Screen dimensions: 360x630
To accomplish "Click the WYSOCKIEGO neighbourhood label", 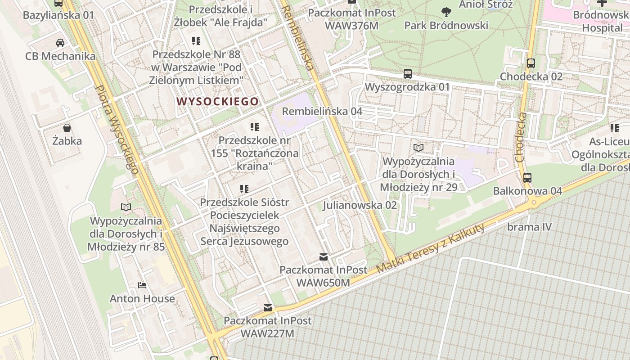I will tap(218, 101).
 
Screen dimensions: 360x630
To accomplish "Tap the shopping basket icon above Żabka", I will tap(67, 128).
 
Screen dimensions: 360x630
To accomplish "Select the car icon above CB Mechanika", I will tap(60, 43).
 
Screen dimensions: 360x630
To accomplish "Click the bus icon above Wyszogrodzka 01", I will tap(408, 73).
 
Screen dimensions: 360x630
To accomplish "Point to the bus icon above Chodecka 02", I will tap(531, 63).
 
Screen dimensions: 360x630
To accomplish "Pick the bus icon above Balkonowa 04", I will tap(527, 177).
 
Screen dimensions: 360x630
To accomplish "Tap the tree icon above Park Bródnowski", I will tap(446, 12).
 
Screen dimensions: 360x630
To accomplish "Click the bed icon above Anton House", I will tap(142, 285).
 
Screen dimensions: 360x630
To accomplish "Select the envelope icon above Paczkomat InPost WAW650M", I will tap(323, 257).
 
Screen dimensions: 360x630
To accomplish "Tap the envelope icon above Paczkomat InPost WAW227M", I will tap(268, 308).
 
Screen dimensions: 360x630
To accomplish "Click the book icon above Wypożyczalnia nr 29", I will tap(418, 148).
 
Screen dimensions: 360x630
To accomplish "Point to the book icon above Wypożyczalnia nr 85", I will tap(126, 207).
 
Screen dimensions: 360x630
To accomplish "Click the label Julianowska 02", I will tap(360, 205).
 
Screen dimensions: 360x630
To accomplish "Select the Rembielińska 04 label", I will tap(322, 111).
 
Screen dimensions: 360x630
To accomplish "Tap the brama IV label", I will tap(529, 227).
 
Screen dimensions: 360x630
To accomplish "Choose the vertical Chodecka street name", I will tap(521, 137).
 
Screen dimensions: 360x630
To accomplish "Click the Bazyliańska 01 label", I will tap(58, 15).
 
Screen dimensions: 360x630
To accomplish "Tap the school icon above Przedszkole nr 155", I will tap(255, 127).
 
